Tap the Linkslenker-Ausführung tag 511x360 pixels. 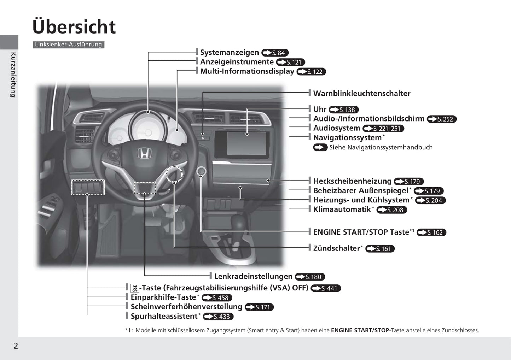69,45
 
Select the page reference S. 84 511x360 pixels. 275,53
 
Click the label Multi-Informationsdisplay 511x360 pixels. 247,71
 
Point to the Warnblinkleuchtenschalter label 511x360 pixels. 362,93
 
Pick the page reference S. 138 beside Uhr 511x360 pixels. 344,110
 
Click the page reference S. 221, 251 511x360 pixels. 383,129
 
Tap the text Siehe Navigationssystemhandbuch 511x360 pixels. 381,147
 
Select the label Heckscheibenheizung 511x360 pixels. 352,181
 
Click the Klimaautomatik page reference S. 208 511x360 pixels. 392,210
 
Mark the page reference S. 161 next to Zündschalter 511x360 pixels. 380,249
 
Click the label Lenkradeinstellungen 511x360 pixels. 253,276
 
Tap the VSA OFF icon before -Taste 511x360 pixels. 135,288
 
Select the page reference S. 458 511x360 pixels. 217,297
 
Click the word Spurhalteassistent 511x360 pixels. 164,316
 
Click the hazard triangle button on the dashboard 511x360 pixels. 203,138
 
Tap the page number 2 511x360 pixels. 16,346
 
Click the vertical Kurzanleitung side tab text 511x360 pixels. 13,75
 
